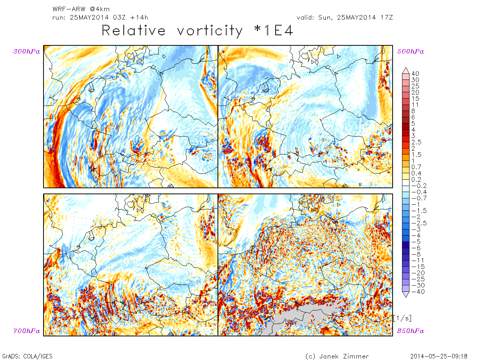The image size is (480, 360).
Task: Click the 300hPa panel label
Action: (x=27, y=52)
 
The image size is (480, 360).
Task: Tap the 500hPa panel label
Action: (x=411, y=52)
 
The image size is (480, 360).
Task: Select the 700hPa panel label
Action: (x=27, y=331)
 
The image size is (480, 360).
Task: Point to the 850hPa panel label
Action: (x=411, y=331)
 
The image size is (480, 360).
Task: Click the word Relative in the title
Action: (x=133, y=31)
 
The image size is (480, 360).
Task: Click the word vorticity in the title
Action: (x=210, y=31)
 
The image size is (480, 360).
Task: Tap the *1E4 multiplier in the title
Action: (x=274, y=31)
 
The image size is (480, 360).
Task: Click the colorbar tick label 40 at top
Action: (x=415, y=74)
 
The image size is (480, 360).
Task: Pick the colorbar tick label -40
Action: (x=418, y=292)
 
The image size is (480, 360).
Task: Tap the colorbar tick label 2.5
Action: (x=416, y=142)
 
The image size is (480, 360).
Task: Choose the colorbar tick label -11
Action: (x=418, y=261)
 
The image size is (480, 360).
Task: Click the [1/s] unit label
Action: (x=402, y=318)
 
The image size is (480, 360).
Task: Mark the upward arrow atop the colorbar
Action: (x=405, y=70)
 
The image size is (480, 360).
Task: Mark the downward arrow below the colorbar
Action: (x=405, y=295)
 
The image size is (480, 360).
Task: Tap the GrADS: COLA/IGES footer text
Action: (x=27, y=356)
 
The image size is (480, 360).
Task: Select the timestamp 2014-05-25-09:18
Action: (x=439, y=356)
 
